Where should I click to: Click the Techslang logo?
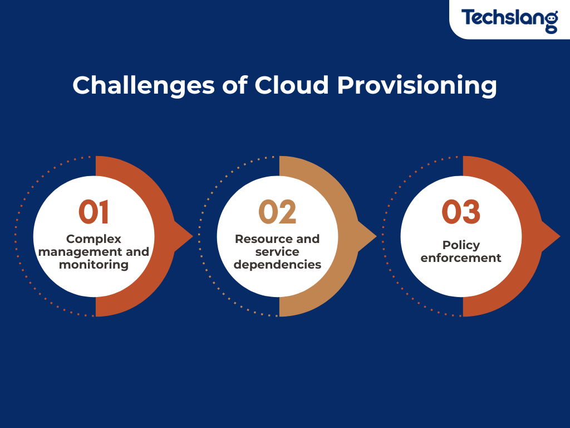click(x=509, y=20)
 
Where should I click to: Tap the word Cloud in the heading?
click(x=292, y=85)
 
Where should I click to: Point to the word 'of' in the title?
click(x=235, y=85)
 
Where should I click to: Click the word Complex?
click(x=94, y=240)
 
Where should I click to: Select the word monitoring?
click(x=94, y=265)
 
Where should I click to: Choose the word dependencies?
click(x=277, y=265)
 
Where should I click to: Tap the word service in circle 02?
click(x=277, y=251)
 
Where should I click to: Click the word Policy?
click(x=461, y=245)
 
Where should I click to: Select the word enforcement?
click(x=461, y=257)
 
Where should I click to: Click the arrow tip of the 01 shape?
click(x=192, y=236)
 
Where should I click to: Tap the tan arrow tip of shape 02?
click(x=376, y=236)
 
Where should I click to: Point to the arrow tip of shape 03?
click(x=559, y=236)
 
